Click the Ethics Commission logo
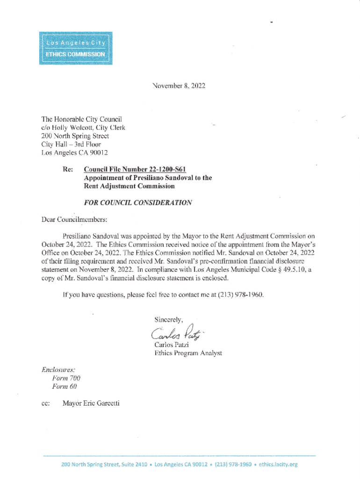click(x=75, y=48)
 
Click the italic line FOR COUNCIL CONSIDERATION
click(x=137, y=203)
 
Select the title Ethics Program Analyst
click(x=188, y=353)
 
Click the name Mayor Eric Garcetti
click(x=91, y=403)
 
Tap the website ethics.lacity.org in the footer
click(x=278, y=464)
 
